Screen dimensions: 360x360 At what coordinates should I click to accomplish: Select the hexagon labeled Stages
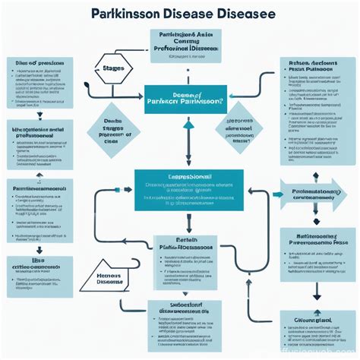112,68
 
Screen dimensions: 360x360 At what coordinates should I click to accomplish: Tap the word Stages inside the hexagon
112,68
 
